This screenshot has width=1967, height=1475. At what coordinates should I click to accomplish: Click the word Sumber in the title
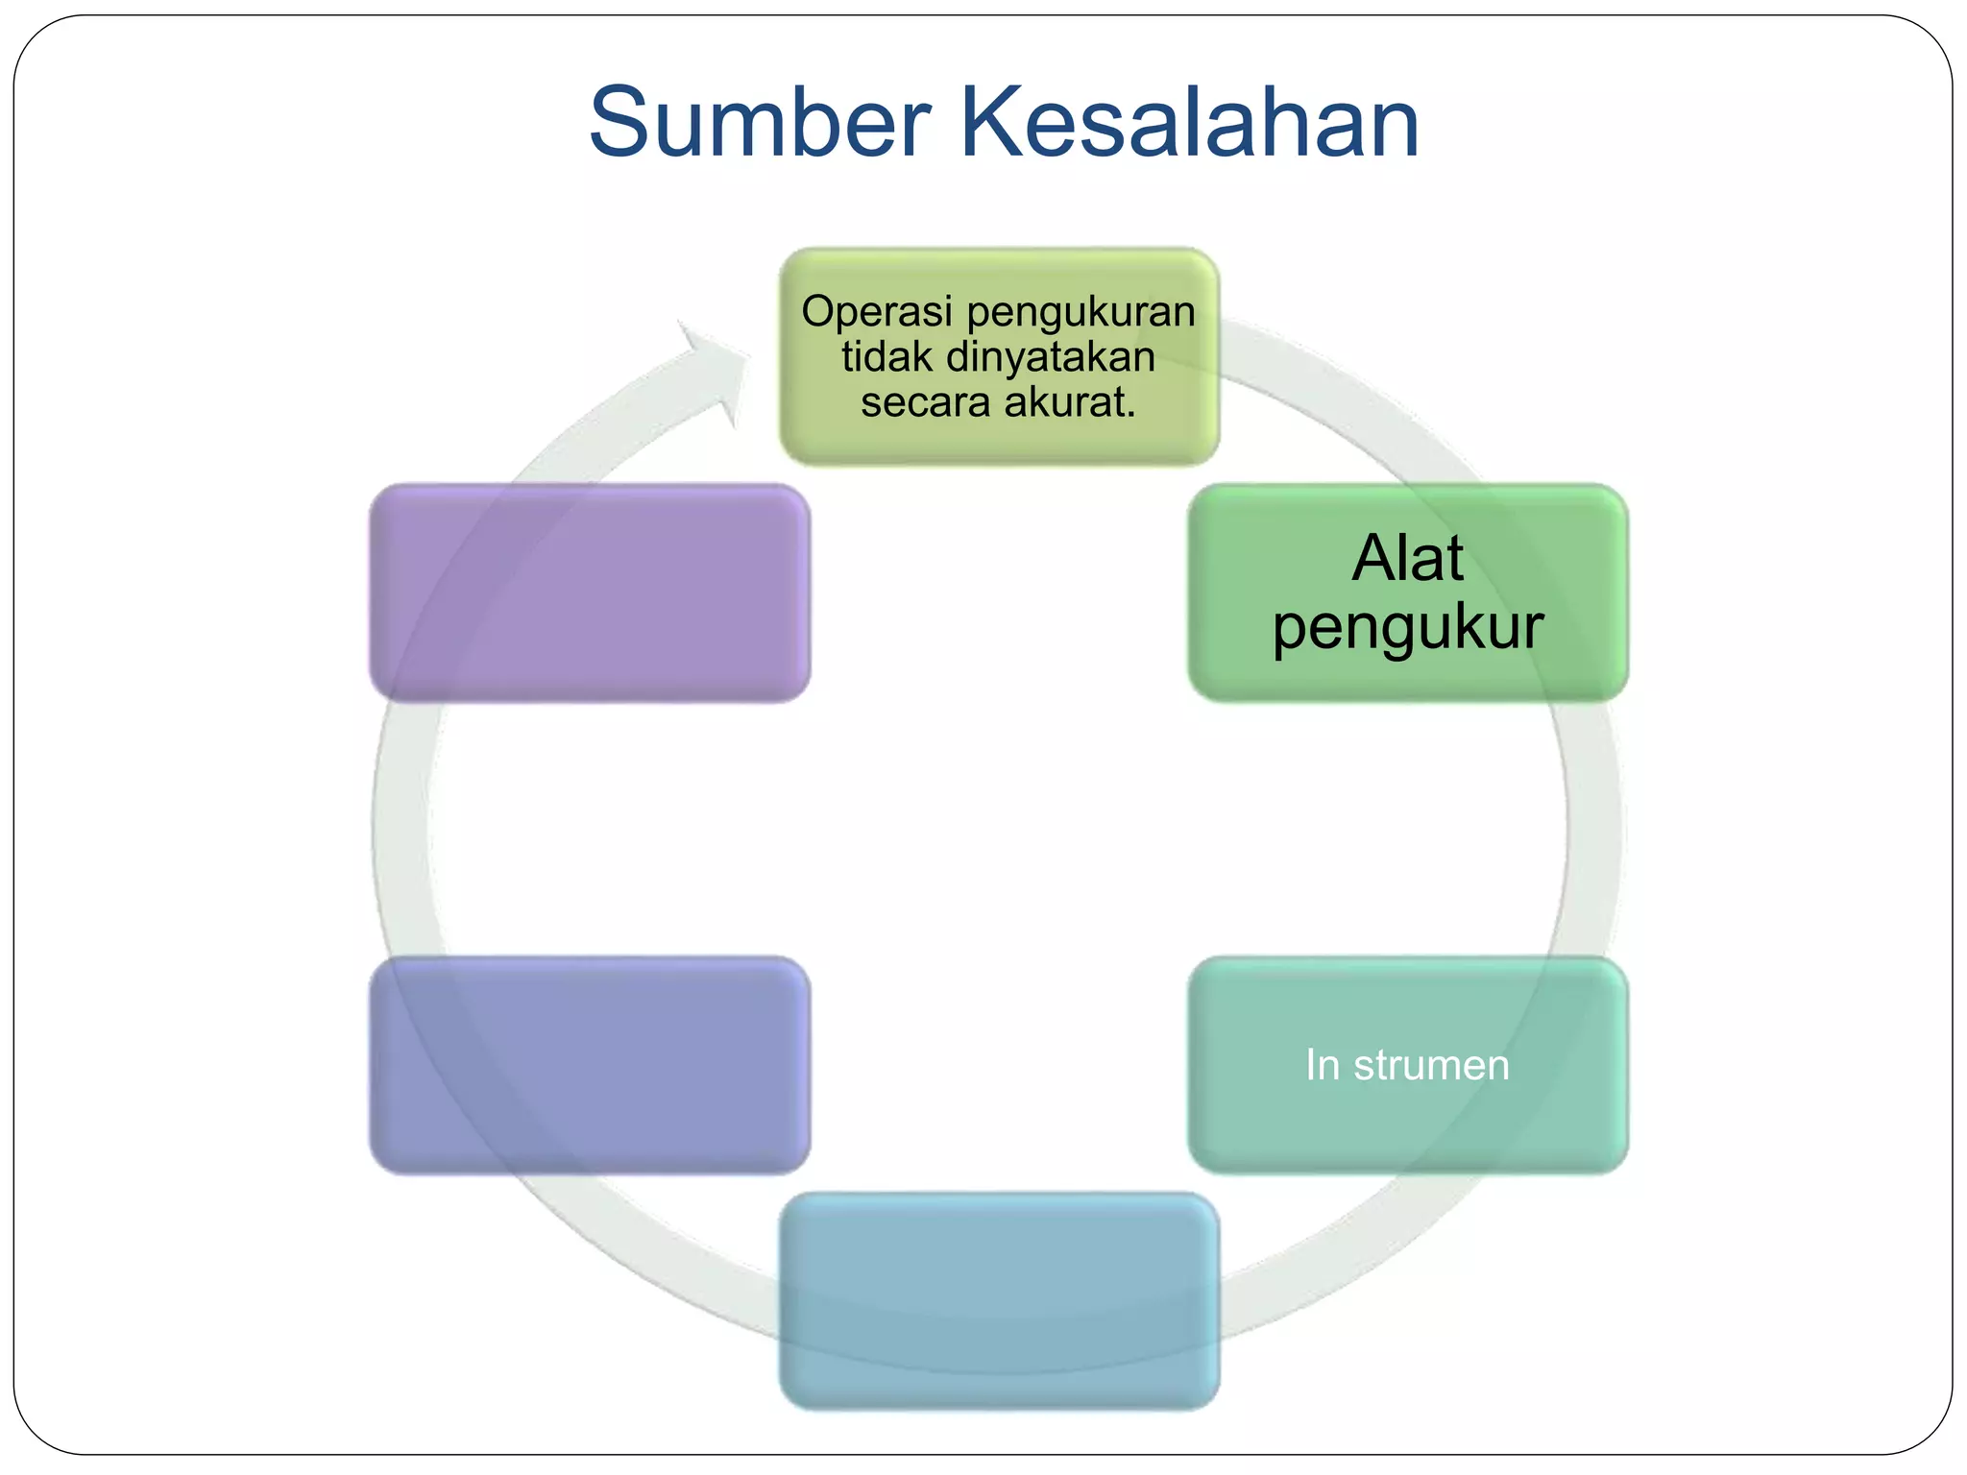click(x=759, y=123)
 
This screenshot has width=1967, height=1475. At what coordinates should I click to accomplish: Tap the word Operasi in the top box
click(x=878, y=312)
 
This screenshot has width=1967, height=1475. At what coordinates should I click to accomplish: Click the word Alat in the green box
click(x=1407, y=558)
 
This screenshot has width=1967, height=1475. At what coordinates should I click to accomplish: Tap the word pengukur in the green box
click(x=1407, y=628)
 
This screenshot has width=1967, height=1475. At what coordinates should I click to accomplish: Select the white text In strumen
click(x=1407, y=1065)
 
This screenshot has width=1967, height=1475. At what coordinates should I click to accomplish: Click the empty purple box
click(x=590, y=592)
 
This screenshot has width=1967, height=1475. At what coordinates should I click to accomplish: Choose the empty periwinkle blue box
click(x=590, y=1065)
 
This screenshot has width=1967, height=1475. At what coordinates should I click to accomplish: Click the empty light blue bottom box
click(x=999, y=1301)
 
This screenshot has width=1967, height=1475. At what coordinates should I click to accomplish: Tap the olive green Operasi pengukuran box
click(x=999, y=442)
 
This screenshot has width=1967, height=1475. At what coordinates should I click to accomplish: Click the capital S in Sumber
click(x=623, y=123)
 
